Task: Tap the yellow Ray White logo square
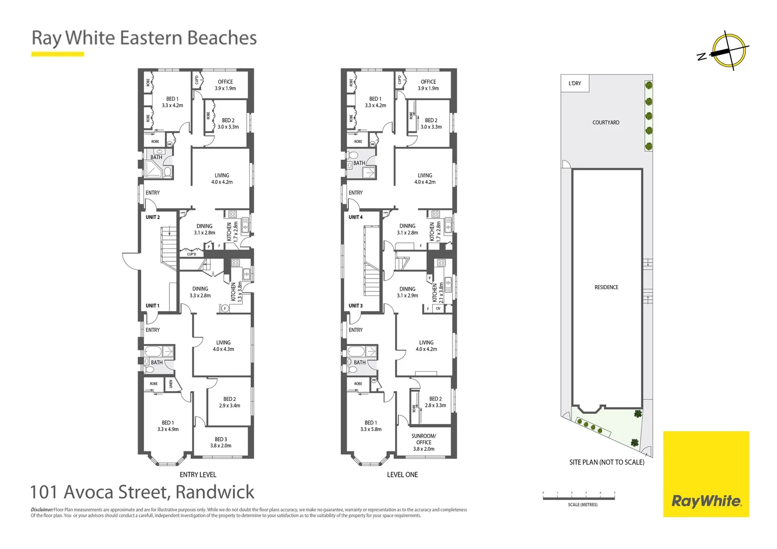click(706, 474)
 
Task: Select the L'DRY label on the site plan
click(575, 83)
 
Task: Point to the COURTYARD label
click(606, 123)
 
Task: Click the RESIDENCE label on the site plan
click(606, 287)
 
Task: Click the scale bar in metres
click(579, 498)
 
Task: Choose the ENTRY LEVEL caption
click(198, 475)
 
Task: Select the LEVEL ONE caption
click(402, 475)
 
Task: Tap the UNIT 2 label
click(153, 217)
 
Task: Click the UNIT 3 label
click(355, 306)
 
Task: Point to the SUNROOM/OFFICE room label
click(424, 439)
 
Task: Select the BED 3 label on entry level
click(221, 439)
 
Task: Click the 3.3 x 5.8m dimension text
click(371, 430)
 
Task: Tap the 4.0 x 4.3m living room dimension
click(223, 349)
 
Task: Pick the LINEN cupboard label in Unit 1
click(171, 384)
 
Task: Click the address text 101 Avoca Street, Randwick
click(142, 492)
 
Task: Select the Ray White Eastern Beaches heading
click(144, 38)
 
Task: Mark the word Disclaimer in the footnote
click(42, 509)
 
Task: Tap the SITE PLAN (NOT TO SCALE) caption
click(606, 462)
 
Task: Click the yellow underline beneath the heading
click(57, 54)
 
